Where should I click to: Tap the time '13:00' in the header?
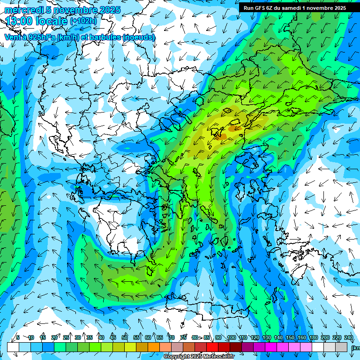pyautogui.click(x=18, y=21)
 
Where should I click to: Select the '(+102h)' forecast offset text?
pyautogui.click(x=83, y=21)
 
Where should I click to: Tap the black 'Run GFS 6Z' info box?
pyautogui.click(x=294, y=8)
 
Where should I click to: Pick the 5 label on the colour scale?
pyautogui.click(x=18, y=337)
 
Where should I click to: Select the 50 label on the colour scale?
pyautogui.click(x=125, y=337)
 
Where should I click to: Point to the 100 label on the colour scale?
pyautogui.click(x=231, y=337)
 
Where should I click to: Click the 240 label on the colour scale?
pyautogui.click(x=348, y=337)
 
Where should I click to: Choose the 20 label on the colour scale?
pyautogui.click(x=54, y=337)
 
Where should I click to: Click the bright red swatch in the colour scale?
pyautogui.click(x=212, y=347)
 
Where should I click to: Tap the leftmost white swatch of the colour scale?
pyautogui.click(x=13, y=347)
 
